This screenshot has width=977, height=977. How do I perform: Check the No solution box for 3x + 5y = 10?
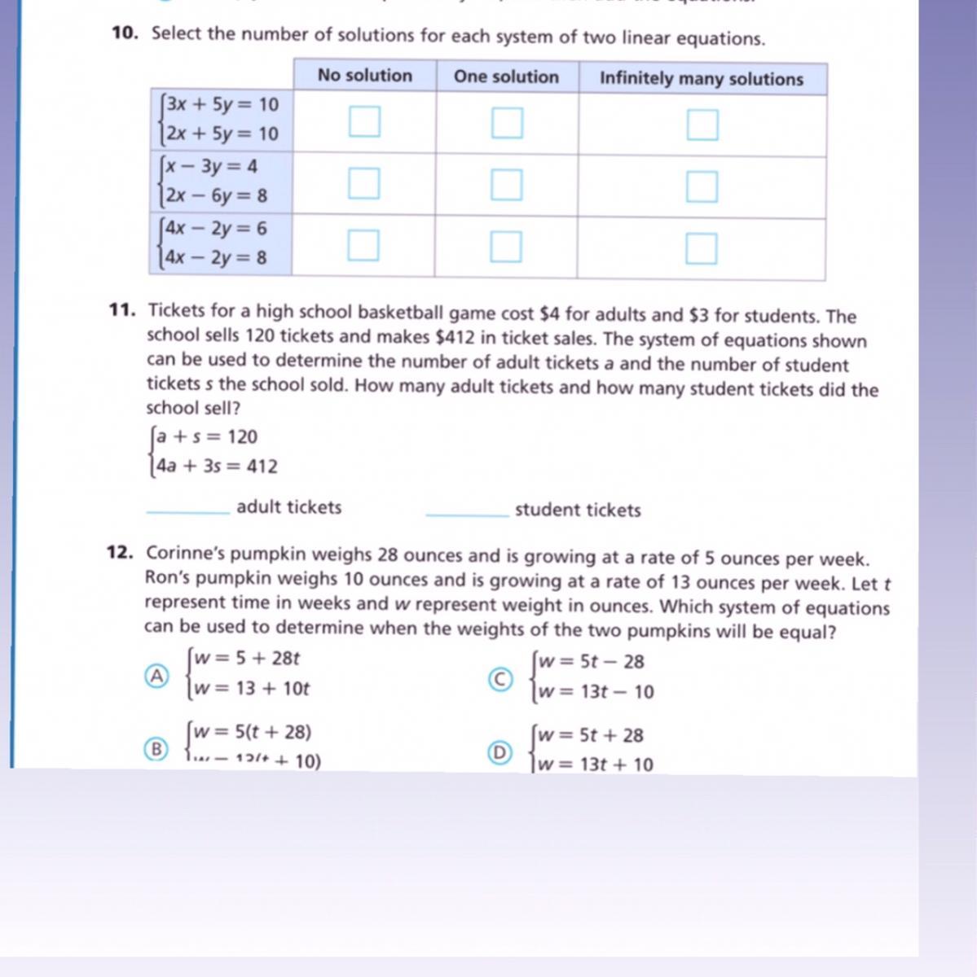[364, 122]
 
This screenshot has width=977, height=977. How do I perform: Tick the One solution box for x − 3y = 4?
[506, 185]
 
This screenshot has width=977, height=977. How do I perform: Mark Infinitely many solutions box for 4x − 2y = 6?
[701, 248]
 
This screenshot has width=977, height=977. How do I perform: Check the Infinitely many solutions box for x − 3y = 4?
[702, 186]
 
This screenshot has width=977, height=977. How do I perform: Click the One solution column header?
[506, 77]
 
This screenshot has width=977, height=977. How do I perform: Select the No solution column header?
[364, 76]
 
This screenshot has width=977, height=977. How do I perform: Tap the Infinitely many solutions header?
[701, 79]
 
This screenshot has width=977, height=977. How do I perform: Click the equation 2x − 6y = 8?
[216, 196]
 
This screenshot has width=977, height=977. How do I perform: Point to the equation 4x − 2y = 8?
[216, 258]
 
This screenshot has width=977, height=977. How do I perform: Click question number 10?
[125, 33]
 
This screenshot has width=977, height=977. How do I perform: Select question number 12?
[120, 553]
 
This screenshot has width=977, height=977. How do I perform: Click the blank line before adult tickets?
[188, 511]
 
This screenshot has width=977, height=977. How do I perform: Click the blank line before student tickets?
[467, 514]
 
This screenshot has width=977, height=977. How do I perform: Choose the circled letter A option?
[156, 676]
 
